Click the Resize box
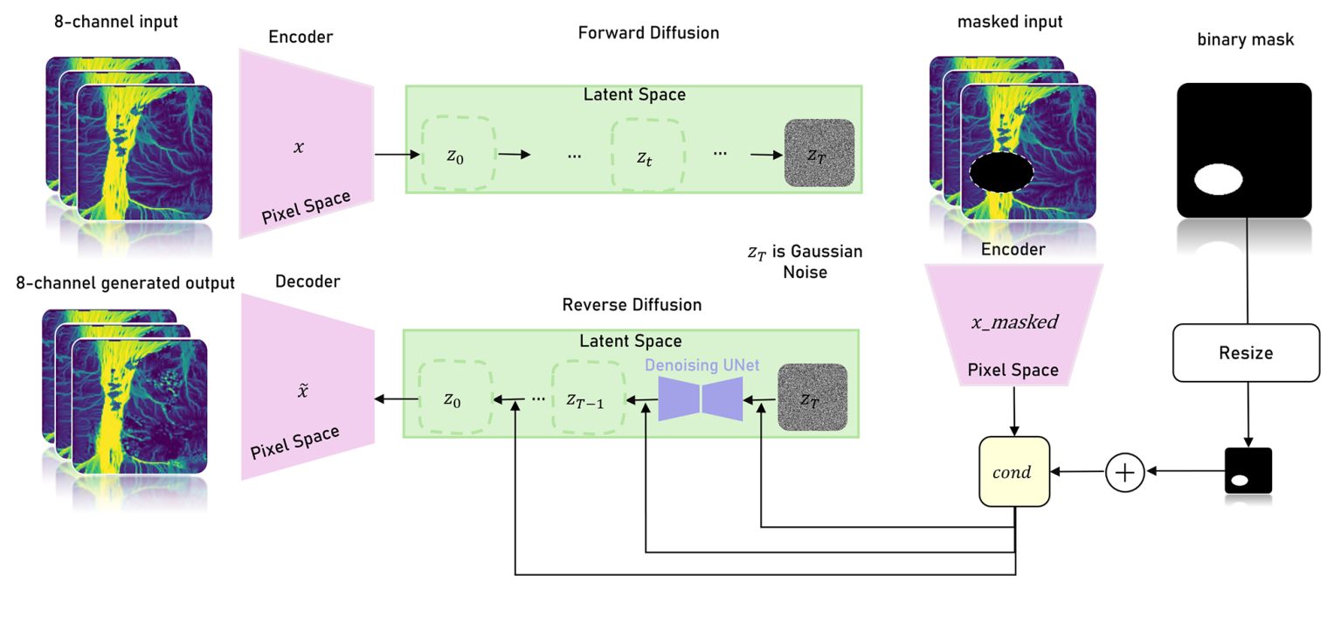click(1246, 353)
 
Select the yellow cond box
click(1013, 472)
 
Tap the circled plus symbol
click(1125, 472)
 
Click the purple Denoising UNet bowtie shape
click(701, 399)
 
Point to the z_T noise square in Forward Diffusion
click(819, 153)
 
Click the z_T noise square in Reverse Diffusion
click(812, 398)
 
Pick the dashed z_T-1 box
click(589, 399)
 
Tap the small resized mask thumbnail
click(1248, 471)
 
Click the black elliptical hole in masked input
click(1001, 171)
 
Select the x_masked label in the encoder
click(1013, 322)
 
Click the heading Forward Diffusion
click(648, 33)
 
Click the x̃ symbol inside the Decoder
click(302, 392)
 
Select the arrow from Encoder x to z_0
click(393, 156)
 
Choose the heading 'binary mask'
click(1244, 39)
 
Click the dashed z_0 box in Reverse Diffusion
click(453, 399)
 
